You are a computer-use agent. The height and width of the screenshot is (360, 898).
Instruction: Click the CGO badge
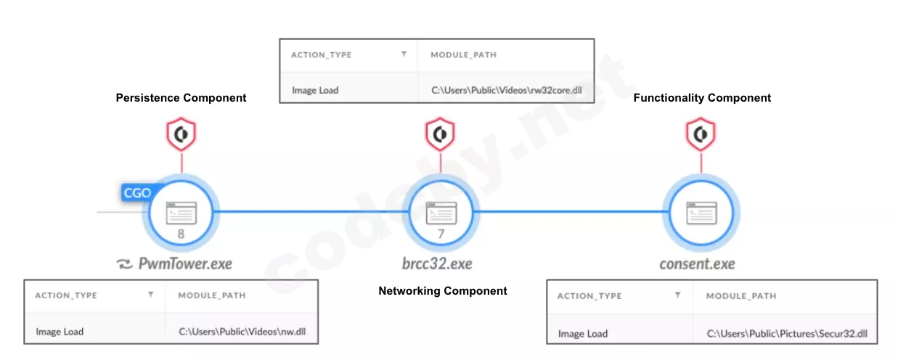point(136,193)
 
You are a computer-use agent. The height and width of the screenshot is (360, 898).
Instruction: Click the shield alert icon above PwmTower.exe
point(181,134)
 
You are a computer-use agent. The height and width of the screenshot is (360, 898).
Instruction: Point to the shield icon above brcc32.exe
point(440,134)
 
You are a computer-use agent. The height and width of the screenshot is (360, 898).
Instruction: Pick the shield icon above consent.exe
point(701,134)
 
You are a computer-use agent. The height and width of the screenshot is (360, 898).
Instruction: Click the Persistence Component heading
point(181,98)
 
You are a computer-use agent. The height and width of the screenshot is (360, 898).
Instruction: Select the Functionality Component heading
point(702,98)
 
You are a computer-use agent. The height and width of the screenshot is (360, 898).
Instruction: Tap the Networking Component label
point(443,290)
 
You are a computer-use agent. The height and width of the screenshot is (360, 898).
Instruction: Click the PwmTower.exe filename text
point(185,263)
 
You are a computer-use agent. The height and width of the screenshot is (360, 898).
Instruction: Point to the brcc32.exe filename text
point(437,263)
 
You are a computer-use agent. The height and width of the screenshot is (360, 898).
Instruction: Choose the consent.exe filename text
point(697,263)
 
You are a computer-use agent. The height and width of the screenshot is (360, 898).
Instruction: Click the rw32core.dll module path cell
point(506,90)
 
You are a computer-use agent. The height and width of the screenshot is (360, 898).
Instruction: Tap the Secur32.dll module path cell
point(786,334)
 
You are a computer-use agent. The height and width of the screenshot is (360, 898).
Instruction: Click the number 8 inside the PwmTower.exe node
point(181,234)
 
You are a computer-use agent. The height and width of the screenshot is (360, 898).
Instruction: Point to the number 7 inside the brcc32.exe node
point(441,234)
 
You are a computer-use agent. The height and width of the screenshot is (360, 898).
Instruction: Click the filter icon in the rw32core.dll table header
point(404,54)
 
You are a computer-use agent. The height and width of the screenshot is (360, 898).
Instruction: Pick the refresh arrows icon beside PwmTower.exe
point(124,263)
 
